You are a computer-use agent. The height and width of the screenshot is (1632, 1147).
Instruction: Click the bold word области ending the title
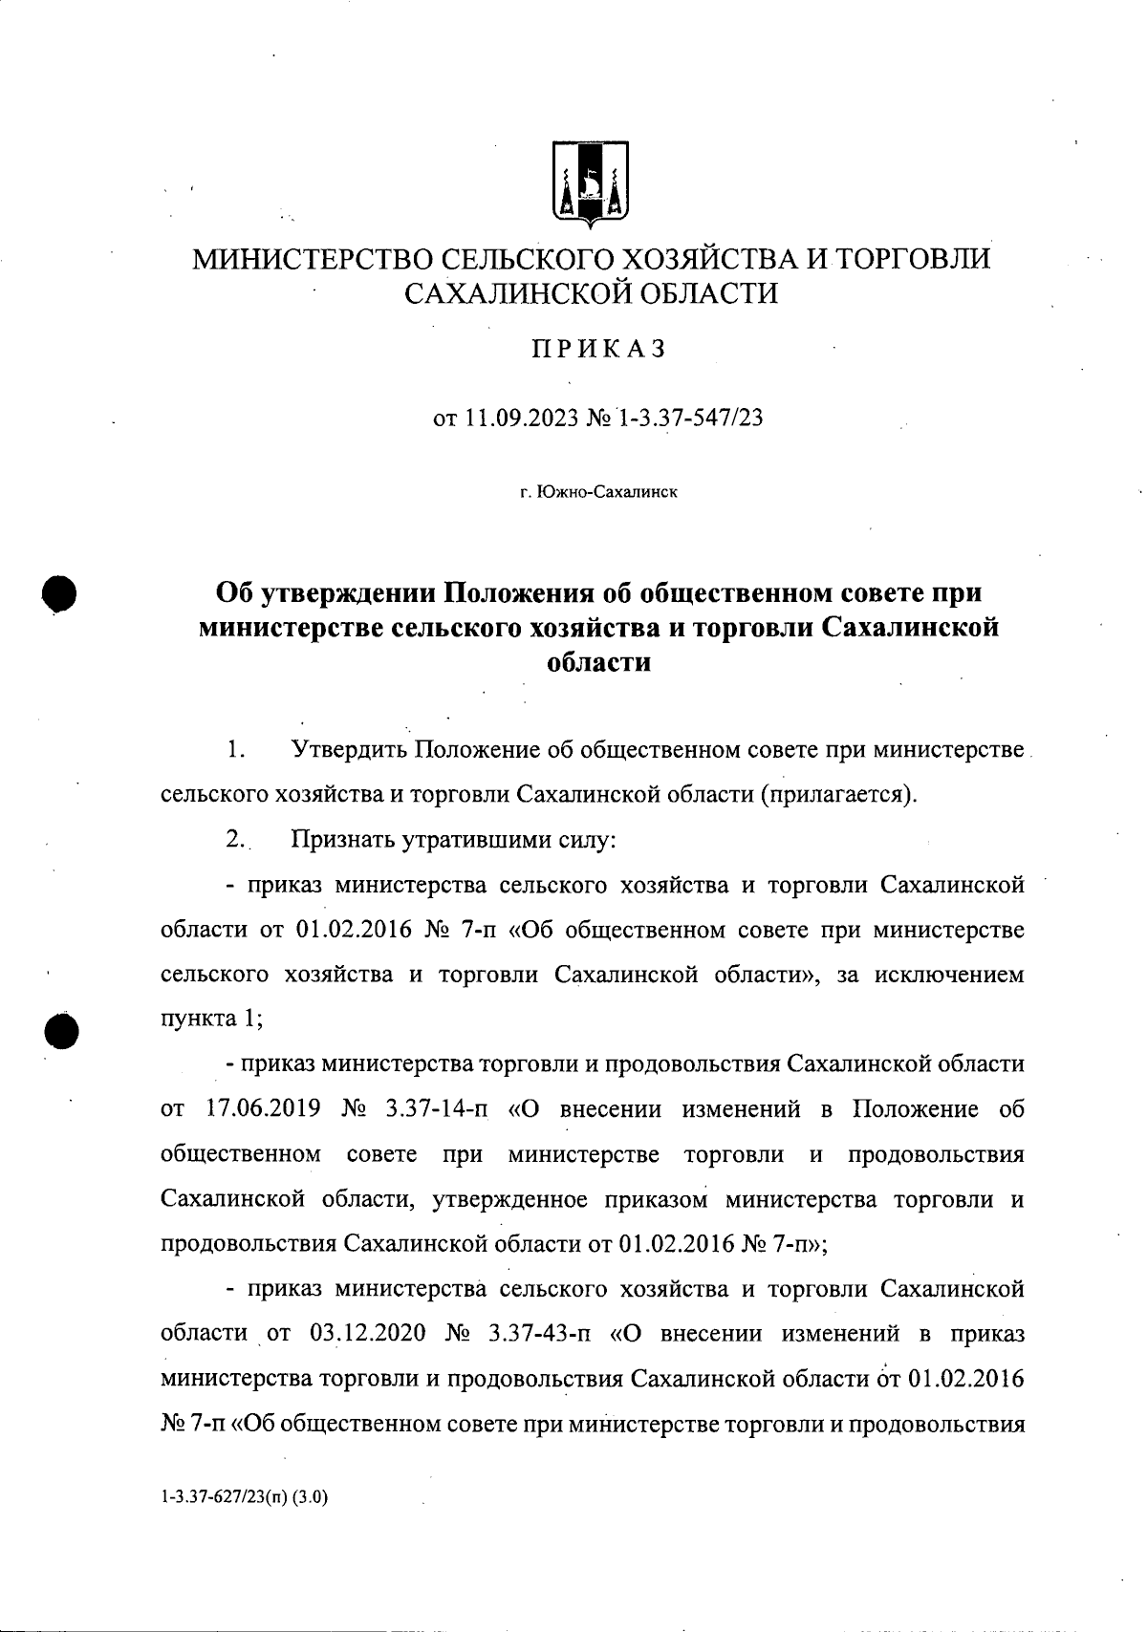[x=597, y=661]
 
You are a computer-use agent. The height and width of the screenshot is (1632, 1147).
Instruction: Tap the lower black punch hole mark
[x=59, y=1031]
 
